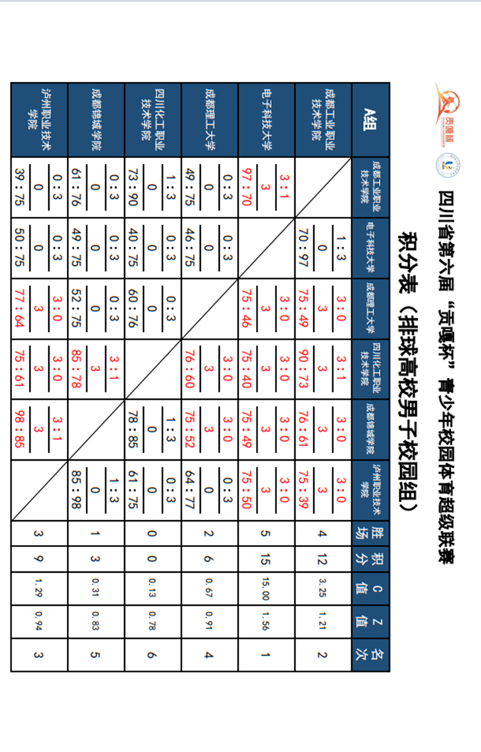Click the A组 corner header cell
coord(371,119)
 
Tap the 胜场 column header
coord(371,534)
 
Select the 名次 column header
coord(371,654)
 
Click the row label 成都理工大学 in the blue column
coord(210,119)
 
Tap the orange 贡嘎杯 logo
coord(447,107)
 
